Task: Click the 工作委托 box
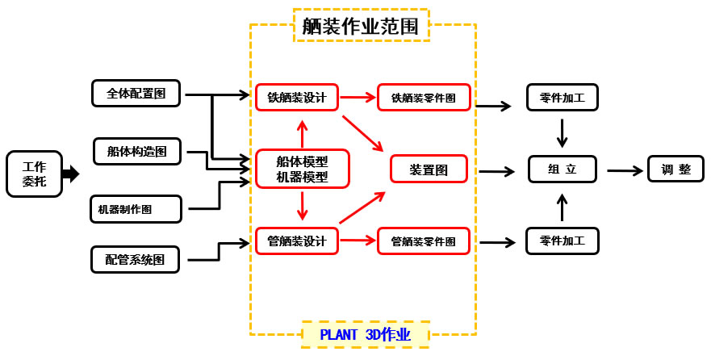(34, 174)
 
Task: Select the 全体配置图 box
(136, 94)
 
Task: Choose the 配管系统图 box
(135, 259)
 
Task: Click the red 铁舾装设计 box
(296, 98)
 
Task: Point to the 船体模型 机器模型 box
(302, 170)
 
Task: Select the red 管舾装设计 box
(296, 241)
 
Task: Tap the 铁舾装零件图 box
(423, 98)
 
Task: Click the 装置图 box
(429, 170)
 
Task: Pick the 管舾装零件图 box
(423, 241)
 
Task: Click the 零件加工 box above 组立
(563, 98)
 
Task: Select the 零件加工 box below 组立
(563, 241)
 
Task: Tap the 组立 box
(563, 170)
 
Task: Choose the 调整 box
(676, 170)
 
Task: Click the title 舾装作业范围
(360, 25)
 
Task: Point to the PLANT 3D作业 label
(365, 334)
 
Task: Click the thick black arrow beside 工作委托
(70, 174)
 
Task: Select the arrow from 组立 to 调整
(625, 170)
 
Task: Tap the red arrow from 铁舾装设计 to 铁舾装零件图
(358, 98)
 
